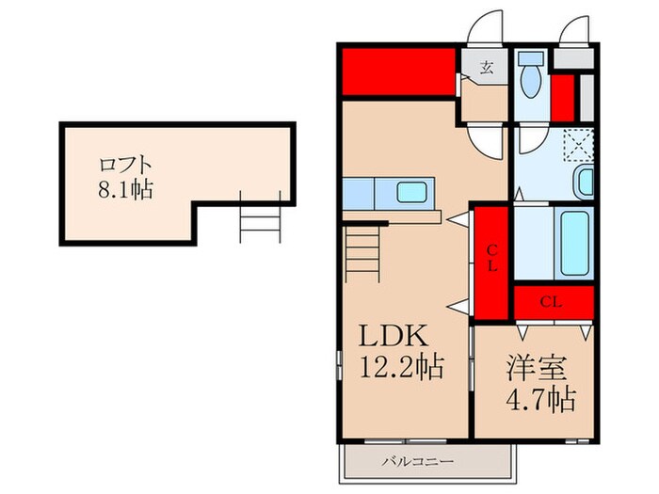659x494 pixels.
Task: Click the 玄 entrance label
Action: point(487,67)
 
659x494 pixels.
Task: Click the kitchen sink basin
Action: point(411,192)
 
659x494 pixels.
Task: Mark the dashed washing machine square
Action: point(574,145)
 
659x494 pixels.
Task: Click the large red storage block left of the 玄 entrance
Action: point(399,72)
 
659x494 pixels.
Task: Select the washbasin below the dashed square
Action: point(584,181)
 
